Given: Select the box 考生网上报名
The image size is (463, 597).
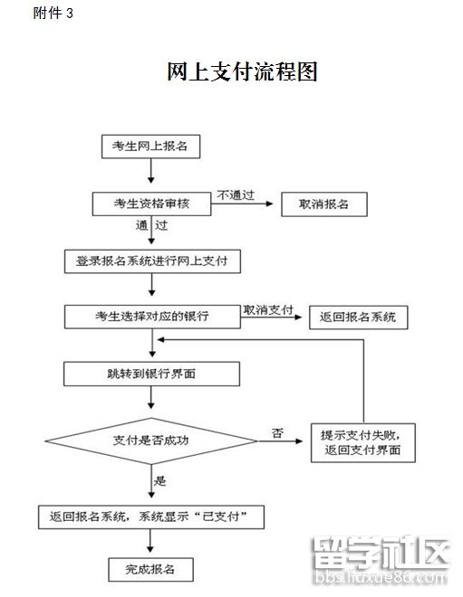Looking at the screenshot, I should point(150,146).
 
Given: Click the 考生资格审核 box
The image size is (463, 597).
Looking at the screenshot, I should point(151,204).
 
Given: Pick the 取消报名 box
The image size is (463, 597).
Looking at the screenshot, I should point(324,204).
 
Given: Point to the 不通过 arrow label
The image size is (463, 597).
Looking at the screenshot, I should point(234,194).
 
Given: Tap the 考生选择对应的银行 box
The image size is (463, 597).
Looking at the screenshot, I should point(151,317).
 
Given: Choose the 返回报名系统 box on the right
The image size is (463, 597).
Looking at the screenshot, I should point(358,317).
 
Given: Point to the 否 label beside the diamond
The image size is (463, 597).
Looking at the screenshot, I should point(276,433).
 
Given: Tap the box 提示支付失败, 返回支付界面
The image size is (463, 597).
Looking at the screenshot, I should point(362,442).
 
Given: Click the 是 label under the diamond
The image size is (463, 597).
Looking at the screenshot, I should point(160,480).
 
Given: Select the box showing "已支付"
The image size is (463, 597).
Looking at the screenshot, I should point(151,516).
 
